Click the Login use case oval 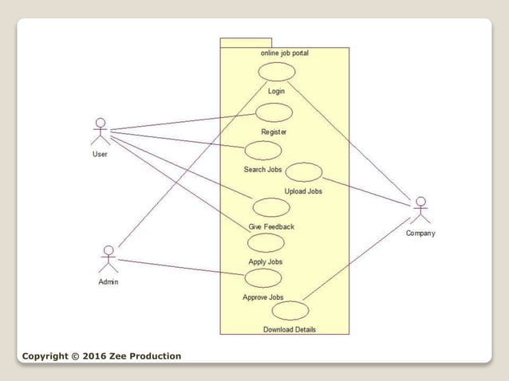(277, 72)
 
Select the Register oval (274, 113)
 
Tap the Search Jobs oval (263, 150)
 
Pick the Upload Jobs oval (304, 172)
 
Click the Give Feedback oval (271, 207)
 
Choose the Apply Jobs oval (265, 242)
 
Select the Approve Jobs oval (263, 278)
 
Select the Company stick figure (420, 210)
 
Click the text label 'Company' (420, 234)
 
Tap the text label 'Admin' (109, 282)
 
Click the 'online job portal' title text (285, 53)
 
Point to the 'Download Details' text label (290, 329)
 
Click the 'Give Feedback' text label (271, 227)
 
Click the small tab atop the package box (246, 42)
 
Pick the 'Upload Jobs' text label (303, 191)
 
